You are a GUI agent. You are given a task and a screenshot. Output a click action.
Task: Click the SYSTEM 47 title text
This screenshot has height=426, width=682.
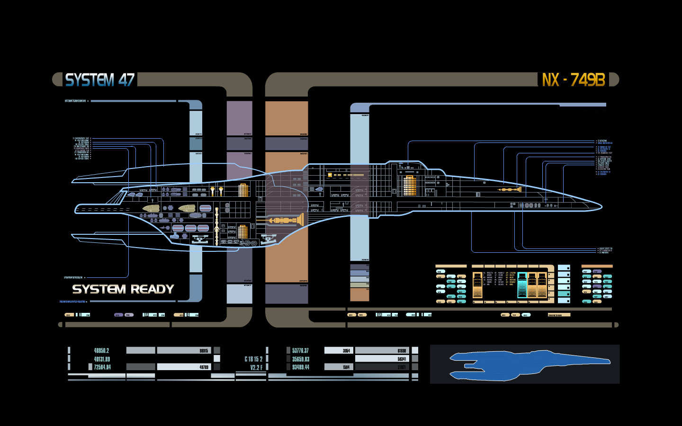coord(100,80)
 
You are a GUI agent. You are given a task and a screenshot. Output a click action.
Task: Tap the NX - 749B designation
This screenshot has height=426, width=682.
coord(574,80)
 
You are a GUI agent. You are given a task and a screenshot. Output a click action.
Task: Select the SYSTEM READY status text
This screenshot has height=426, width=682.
coord(123,289)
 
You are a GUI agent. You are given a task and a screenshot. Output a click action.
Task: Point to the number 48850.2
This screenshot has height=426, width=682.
coord(101,351)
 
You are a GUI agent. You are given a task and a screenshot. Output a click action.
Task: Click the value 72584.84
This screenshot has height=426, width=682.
coord(102,367)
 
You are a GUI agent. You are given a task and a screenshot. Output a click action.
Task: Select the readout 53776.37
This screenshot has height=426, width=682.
coord(300,351)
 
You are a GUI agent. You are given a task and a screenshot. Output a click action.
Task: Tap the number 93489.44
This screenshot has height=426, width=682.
coord(301,367)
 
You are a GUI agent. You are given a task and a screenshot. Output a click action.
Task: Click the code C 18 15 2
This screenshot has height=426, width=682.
coord(253,359)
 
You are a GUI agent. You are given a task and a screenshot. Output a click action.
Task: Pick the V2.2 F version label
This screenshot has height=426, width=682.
coord(256,367)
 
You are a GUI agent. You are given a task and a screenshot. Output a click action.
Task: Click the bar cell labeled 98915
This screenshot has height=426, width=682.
coord(184,351)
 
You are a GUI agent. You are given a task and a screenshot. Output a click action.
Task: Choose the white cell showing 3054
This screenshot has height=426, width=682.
coord(339,351)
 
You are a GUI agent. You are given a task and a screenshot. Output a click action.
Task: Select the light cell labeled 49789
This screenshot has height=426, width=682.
coord(184,367)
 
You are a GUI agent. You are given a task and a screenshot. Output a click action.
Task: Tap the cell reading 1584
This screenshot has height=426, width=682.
coord(339,367)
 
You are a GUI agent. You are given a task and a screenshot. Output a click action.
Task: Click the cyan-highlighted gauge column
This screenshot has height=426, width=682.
coord(522,285)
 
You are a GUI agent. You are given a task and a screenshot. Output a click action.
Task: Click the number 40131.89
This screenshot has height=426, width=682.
coord(102,359)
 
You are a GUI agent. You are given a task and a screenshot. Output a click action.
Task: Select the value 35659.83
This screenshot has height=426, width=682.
coord(301,359)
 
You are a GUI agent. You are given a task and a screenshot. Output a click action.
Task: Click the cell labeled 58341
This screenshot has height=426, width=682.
coord(382,359)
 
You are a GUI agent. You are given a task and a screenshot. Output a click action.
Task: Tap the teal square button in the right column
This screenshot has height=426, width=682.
coord(564,294)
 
